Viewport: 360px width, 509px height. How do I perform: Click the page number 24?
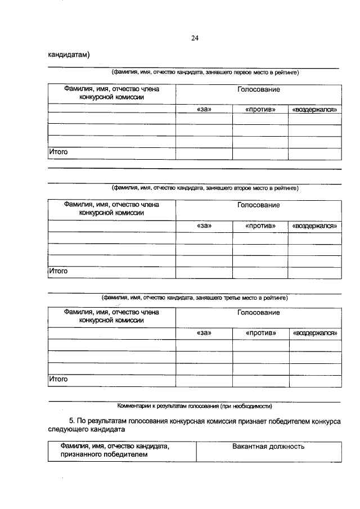click(x=195, y=38)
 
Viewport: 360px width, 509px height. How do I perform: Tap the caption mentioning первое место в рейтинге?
click(x=205, y=73)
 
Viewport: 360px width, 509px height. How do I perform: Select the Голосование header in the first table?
click(x=258, y=90)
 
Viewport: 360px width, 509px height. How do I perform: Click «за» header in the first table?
click(x=204, y=109)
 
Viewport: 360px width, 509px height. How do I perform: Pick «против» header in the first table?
click(x=260, y=109)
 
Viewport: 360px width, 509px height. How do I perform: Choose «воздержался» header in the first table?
click(x=314, y=109)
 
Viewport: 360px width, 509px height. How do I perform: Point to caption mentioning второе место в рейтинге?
click(x=205, y=188)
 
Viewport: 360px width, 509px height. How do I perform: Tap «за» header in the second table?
click(x=204, y=226)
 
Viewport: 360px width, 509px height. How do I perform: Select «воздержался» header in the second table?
click(x=314, y=226)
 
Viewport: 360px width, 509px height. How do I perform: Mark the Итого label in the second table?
click(x=58, y=271)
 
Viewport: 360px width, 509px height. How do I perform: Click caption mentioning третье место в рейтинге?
click(x=194, y=298)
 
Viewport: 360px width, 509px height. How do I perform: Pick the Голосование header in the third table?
click(x=258, y=313)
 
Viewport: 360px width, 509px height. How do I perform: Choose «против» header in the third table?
click(x=260, y=334)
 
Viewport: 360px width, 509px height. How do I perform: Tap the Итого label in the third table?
click(x=58, y=379)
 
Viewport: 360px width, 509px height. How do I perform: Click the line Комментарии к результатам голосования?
click(x=194, y=406)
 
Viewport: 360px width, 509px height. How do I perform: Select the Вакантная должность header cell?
click(x=268, y=447)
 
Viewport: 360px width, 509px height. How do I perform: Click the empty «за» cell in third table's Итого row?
click(x=204, y=381)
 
